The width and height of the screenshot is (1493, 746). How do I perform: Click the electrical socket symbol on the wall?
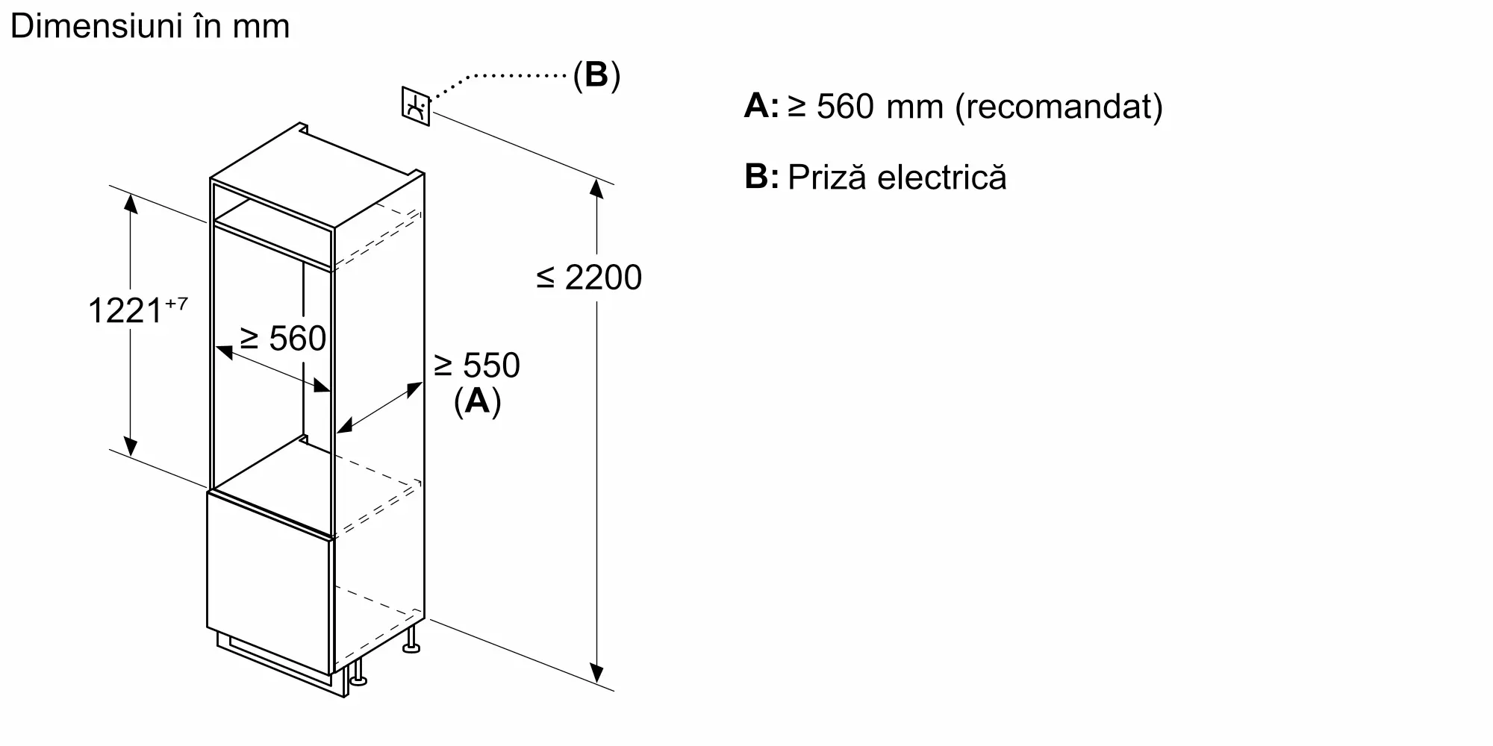[416, 107]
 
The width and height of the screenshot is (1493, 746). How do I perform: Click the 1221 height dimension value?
[125, 310]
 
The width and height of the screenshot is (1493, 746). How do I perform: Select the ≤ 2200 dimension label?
[589, 278]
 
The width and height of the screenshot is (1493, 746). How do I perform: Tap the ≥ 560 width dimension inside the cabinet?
[283, 339]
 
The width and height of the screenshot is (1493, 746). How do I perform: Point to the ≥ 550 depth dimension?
[477, 366]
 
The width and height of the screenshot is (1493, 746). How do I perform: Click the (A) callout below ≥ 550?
[477, 401]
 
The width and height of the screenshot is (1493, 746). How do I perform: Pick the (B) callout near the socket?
[596, 75]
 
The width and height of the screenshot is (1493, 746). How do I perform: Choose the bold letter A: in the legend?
[761, 107]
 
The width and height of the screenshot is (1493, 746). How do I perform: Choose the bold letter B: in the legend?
[761, 178]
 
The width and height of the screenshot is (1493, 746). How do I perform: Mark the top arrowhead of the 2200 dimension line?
[596, 188]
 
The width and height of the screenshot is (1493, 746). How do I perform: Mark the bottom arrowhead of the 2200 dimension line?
[596, 674]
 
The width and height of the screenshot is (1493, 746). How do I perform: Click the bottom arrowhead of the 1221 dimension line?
[131, 447]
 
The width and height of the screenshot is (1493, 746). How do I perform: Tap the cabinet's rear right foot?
[411, 642]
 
